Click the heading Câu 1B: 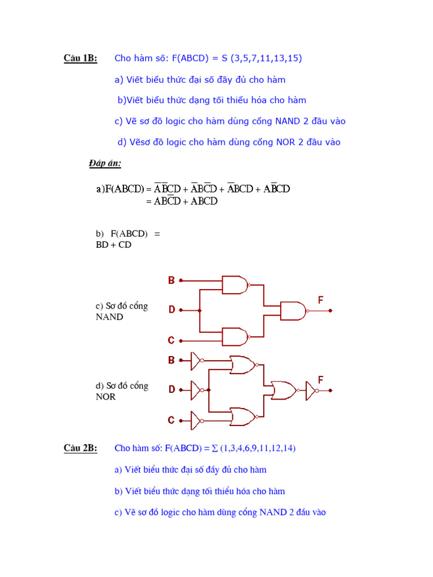(80, 58)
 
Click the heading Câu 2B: (80, 448)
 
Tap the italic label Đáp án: (105, 163)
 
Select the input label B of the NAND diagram (171, 280)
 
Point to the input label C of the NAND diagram (171, 340)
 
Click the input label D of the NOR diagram (171, 389)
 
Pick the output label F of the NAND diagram (321, 300)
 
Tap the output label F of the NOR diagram (321, 380)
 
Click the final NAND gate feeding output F (294, 310)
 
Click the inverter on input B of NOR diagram (197, 360)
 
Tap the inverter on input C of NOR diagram (197, 420)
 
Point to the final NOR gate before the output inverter (282, 390)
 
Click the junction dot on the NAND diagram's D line (199, 310)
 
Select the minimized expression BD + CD (113, 245)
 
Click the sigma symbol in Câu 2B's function (207, 449)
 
